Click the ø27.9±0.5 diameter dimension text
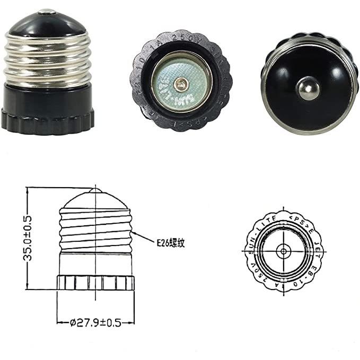tap(95, 321)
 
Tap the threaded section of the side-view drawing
tap(95, 228)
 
